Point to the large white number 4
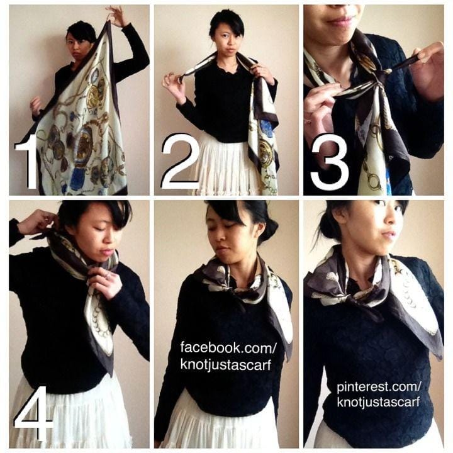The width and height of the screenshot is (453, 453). tap(33, 415)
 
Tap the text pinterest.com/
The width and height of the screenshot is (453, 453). tap(379, 387)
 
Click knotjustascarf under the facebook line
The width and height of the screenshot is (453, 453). tap(226, 364)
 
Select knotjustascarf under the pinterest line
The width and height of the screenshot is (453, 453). tap(378, 402)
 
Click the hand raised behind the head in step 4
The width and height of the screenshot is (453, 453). tap(38, 223)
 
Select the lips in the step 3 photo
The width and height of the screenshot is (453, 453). tap(340, 21)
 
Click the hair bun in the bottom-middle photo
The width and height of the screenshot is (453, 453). tap(270, 228)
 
